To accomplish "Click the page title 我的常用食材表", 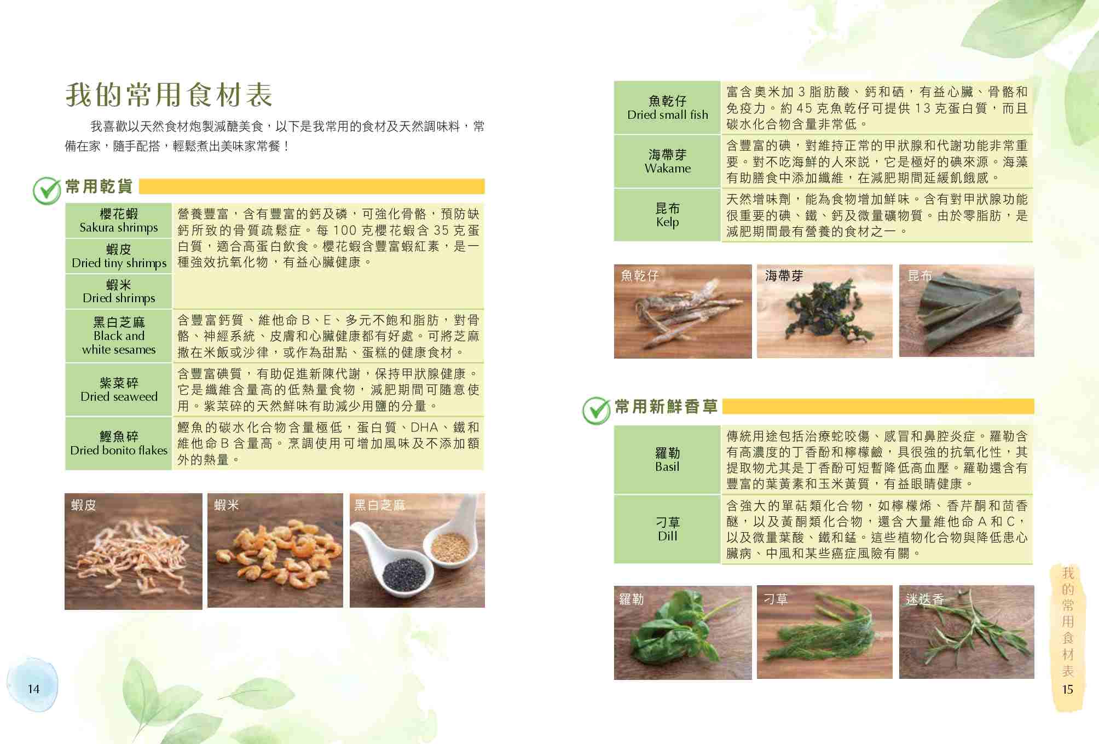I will point(169,95).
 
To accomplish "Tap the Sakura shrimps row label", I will point(119,221).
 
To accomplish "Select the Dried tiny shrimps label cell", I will point(119,256).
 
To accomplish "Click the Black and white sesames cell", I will point(119,336).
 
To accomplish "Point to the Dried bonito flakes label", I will point(119,443).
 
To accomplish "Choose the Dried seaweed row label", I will point(119,389).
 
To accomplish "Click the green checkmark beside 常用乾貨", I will point(47,190).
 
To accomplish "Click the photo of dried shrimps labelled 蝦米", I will point(275,550).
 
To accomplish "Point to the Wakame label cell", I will point(667,161).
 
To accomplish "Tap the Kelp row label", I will point(667,215).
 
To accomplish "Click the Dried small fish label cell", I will point(667,107).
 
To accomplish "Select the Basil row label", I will point(667,459).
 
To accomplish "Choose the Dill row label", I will point(667,529).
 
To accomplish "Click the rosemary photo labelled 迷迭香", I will point(967,632).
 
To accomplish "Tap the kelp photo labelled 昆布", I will point(967,311).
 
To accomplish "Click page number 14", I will point(33,689).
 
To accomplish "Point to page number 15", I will point(1067,689).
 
